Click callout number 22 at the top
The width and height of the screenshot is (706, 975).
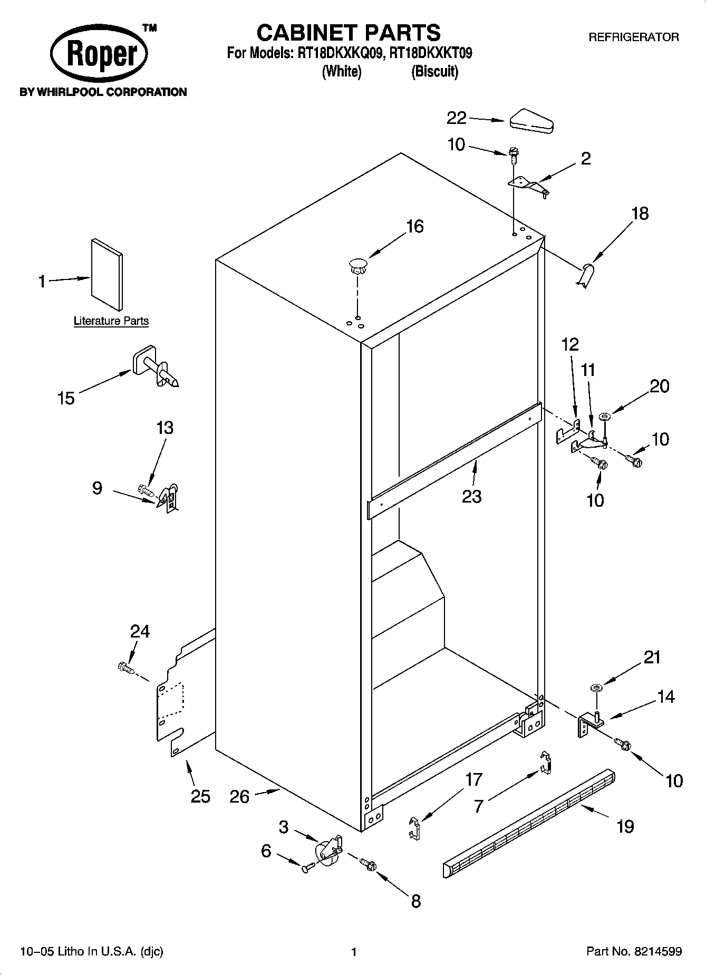point(457,118)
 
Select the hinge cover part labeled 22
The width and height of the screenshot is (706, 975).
point(530,121)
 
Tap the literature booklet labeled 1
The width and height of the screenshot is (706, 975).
point(107,274)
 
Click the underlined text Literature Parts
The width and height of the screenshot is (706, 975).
point(111,321)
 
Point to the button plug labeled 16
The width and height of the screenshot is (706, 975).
point(357,265)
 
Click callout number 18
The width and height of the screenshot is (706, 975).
point(640,214)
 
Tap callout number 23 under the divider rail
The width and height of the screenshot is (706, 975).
point(471,496)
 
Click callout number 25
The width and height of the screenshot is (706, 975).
point(200,796)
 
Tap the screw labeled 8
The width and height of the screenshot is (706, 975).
point(367,864)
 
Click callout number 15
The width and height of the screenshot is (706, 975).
point(66,398)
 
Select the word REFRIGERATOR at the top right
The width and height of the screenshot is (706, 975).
point(633,37)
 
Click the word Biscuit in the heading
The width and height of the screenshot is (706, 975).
point(434,71)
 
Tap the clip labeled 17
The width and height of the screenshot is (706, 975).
point(415,827)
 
